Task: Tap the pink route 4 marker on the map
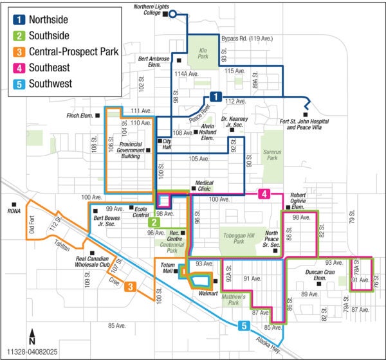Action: coord(264,194)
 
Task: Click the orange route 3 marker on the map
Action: coord(130,287)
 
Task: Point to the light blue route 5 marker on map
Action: coord(243,326)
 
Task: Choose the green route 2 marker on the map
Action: coord(154,222)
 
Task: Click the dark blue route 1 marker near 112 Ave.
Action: coord(217,97)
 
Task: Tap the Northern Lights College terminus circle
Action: coord(172,13)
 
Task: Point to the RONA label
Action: coord(14,210)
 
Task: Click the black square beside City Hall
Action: coord(159,141)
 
